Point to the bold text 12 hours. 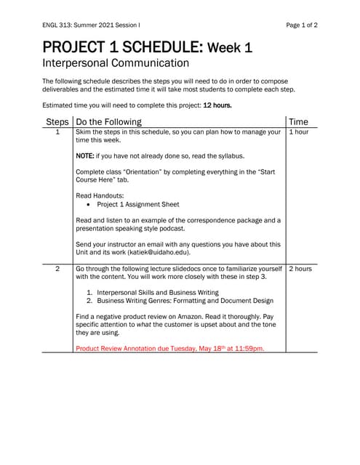coord(217,105)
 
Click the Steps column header coord(57,121)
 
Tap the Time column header coord(298,121)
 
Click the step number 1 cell coord(57,133)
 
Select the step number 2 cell coord(57,269)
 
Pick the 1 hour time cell coord(298,133)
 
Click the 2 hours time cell coord(300,269)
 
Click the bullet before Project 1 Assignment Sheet coord(88,204)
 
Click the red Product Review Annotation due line coord(170,348)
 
